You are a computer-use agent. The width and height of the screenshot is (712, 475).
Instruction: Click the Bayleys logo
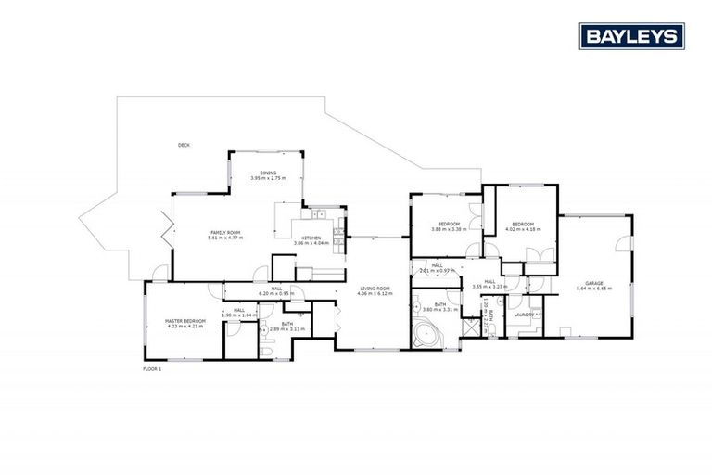click(x=632, y=36)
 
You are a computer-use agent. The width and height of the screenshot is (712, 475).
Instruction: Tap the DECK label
click(x=184, y=144)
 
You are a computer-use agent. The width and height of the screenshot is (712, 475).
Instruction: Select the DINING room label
click(x=268, y=173)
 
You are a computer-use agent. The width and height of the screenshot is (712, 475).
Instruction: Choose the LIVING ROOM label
click(x=376, y=289)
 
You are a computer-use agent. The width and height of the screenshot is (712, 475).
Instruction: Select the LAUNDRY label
click(x=524, y=315)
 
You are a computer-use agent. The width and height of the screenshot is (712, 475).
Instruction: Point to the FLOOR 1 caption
click(x=152, y=369)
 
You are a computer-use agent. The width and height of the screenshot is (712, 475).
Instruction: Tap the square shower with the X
click(x=470, y=327)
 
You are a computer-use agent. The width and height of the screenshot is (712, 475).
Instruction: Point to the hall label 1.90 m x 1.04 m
click(x=238, y=315)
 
